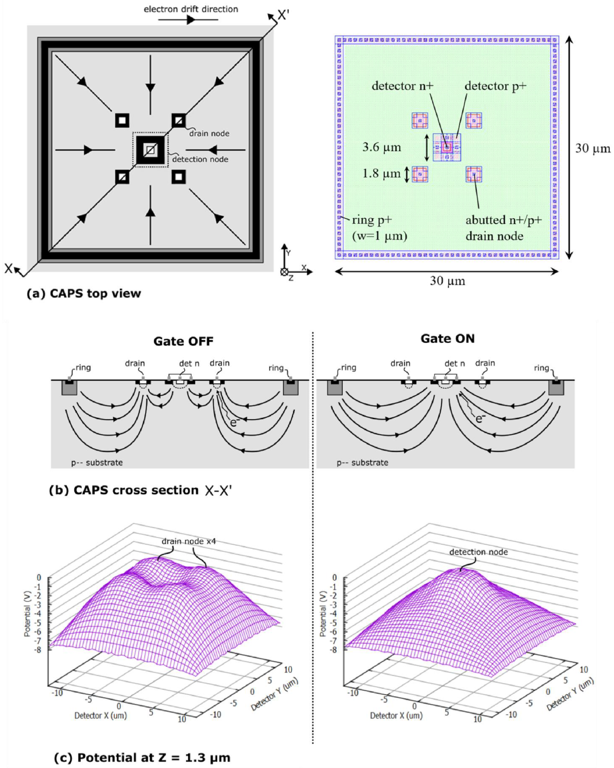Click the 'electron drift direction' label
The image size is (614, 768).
(x=191, y=9)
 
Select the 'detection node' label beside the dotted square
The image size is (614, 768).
(x=200, y=160)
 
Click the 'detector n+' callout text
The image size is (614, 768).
(x=402, y=86)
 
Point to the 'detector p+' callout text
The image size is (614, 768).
(x=495, y=86)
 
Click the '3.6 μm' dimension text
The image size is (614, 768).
(x=382, y=147)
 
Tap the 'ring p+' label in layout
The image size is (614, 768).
(x=372, y=220)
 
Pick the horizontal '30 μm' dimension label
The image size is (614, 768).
(x=447, y=281)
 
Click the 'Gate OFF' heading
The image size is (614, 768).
(x=183, y=341)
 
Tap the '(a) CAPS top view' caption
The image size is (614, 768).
(x=84, y=294)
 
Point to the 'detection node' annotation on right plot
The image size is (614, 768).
(x=478, y=552)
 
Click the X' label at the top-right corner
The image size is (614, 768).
(x=284, y=15)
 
